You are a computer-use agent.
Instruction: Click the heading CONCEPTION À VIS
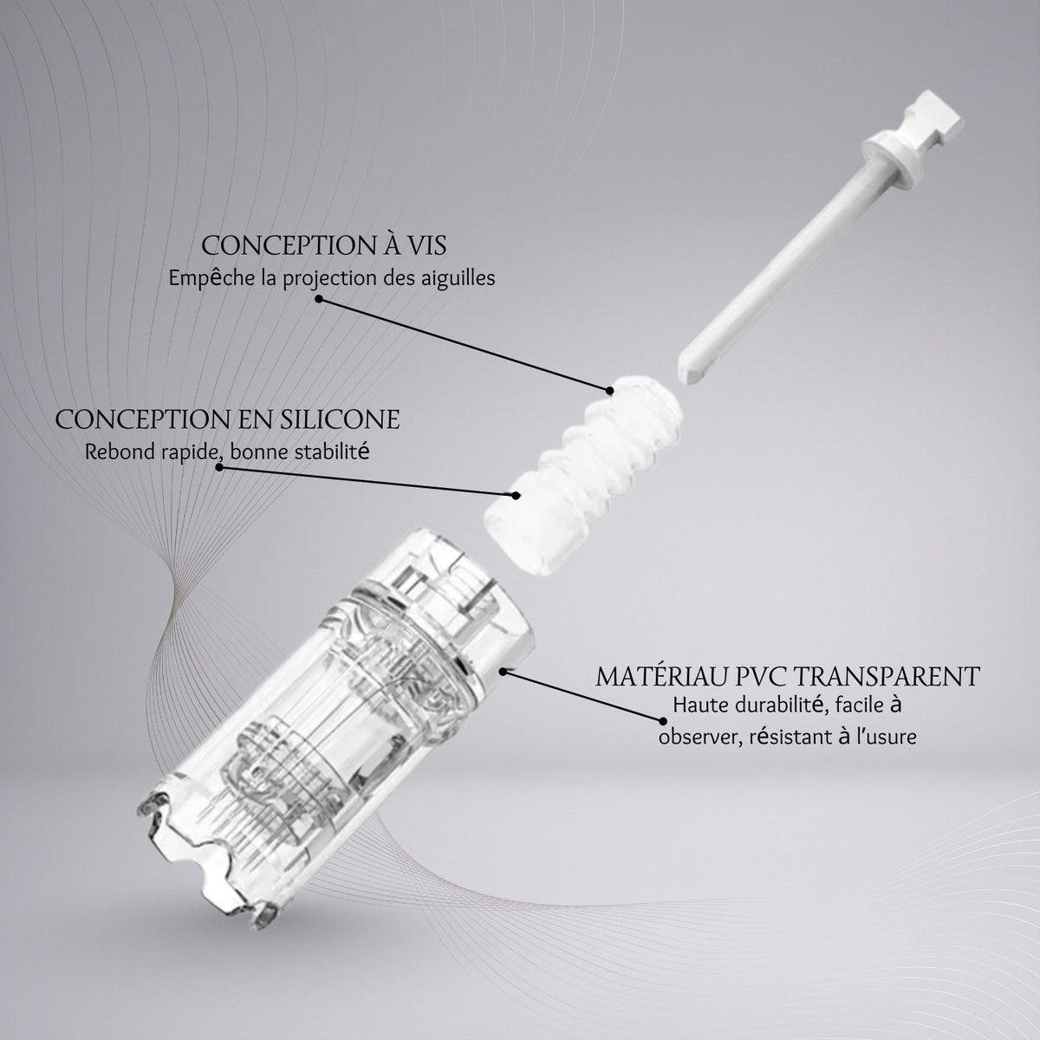(324, 245)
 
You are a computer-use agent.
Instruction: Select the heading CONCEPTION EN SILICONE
(227, 419)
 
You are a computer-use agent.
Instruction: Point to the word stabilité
(332, 452)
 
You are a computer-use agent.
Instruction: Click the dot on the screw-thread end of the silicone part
(610, 390)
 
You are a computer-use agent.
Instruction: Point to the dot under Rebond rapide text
(219, 467)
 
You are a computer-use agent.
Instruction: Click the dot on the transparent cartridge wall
(503, 672)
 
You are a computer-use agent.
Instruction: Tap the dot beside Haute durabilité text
(662, 721)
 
